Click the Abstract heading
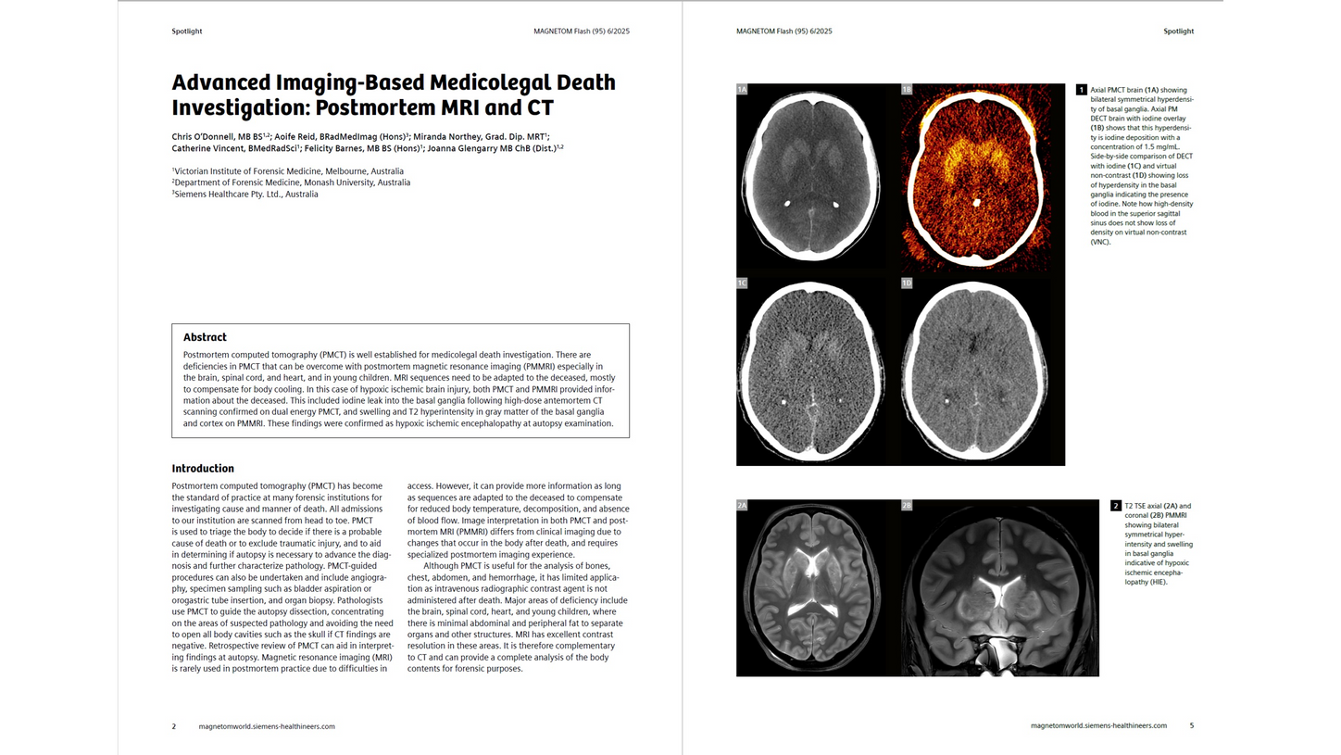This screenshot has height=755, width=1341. point(205,337)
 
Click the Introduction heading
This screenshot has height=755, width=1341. point(203,469)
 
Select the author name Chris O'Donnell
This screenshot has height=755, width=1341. point(204,136)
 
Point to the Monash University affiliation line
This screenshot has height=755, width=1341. point(293,182)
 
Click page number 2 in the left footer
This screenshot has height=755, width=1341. point(173,726)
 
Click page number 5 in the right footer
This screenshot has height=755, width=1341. point(1191,725)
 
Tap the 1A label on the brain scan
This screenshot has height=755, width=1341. point(742,90)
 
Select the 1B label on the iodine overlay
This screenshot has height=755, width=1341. point(907,90)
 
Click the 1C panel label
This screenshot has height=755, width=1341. point(742,283)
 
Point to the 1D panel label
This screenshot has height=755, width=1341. point(907,283)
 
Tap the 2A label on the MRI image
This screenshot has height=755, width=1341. point(742,506)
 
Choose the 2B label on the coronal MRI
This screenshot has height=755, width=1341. point(907,506)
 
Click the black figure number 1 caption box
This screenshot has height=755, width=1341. point(1081,90)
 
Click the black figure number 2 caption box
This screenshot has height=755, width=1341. point(1116,506)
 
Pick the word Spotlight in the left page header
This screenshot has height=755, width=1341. point(186,31)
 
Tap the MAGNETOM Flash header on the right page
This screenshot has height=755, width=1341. point(783,31)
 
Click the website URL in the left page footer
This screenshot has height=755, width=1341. point(267,726)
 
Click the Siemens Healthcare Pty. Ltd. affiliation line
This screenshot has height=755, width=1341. point(246,195)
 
